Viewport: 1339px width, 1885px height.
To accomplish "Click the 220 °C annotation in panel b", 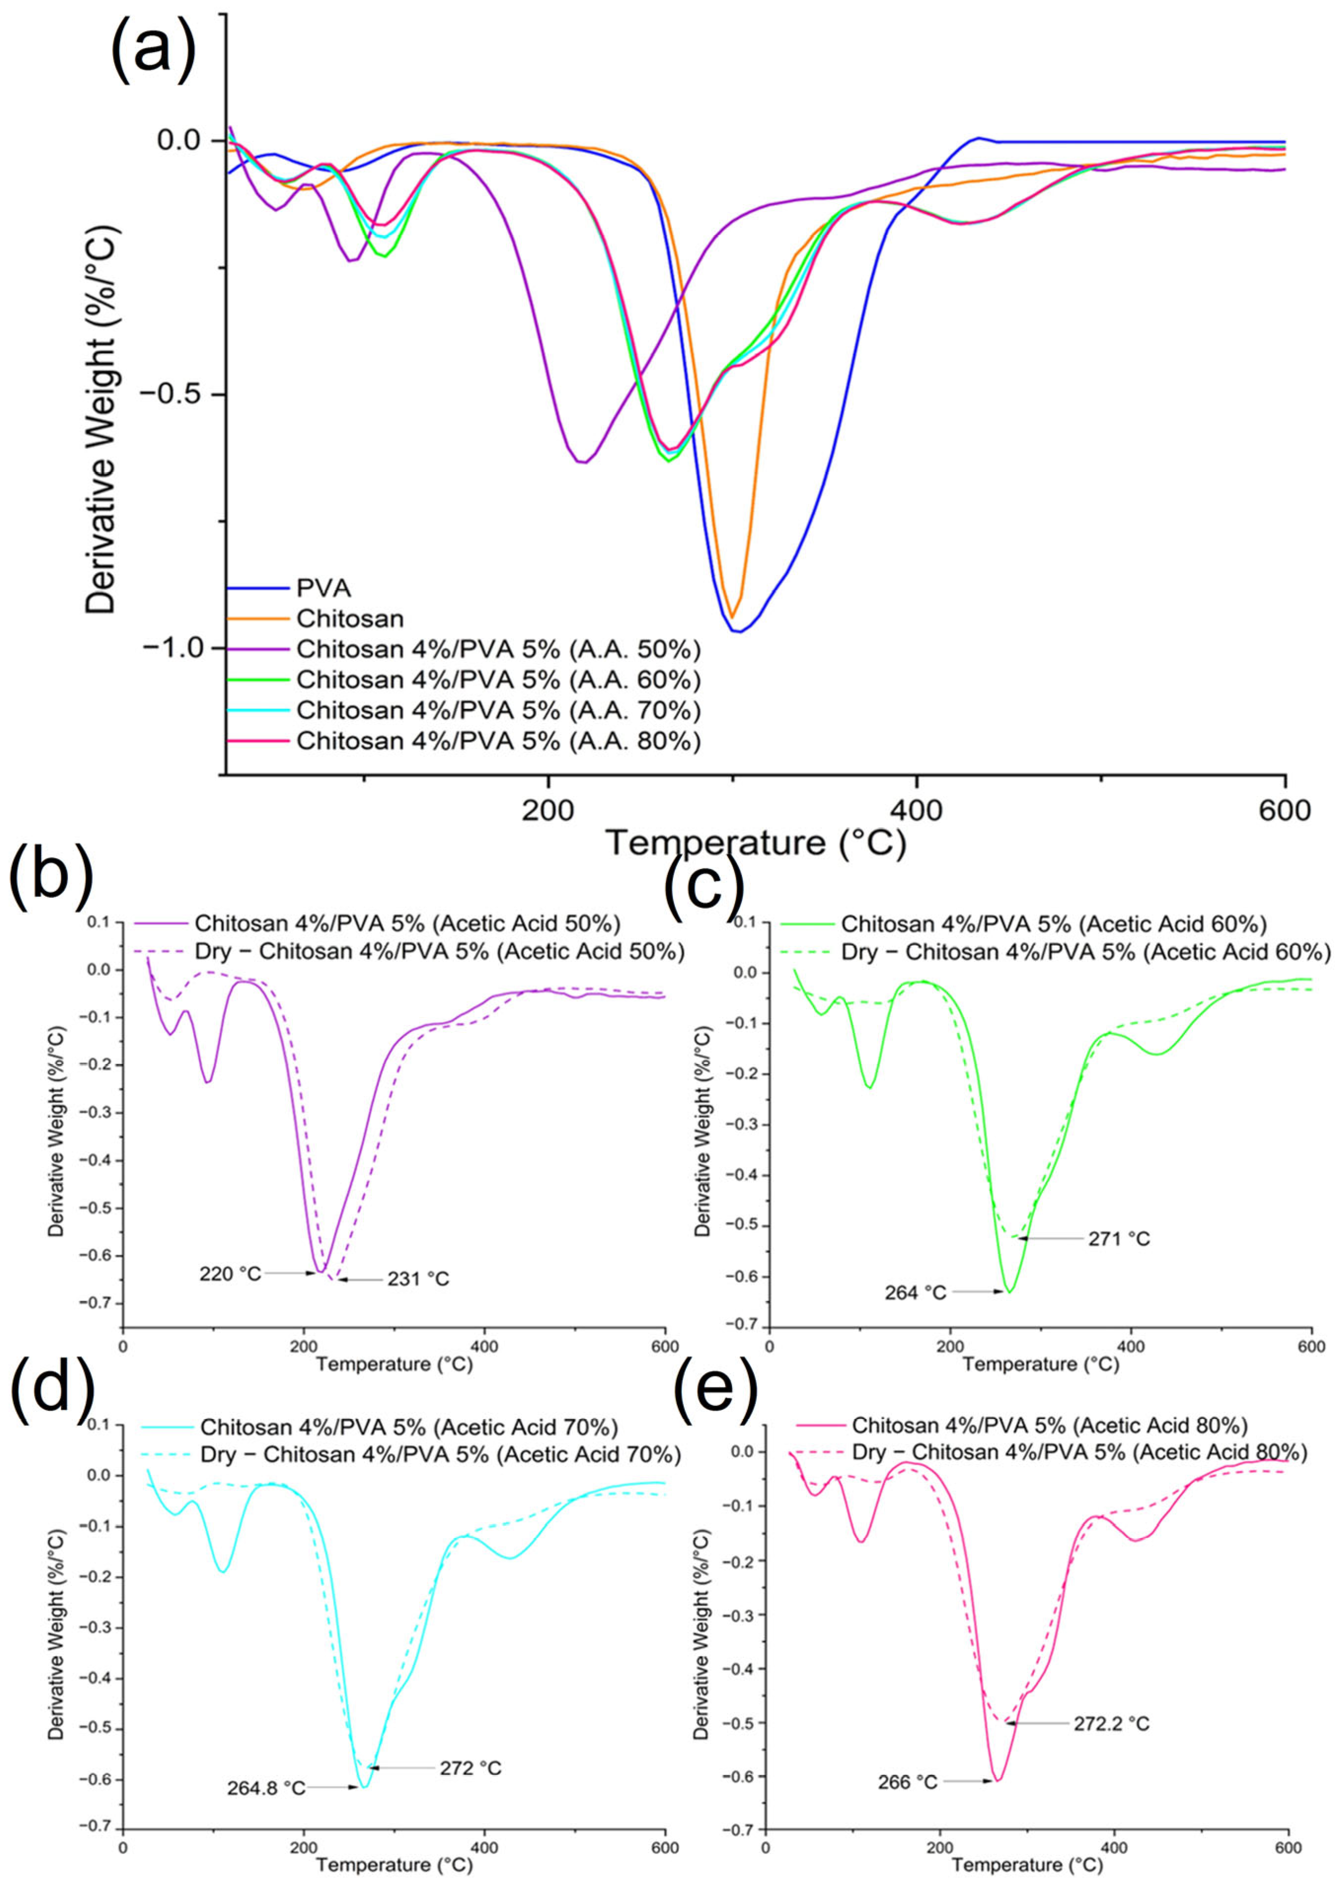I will tap(230, 1273).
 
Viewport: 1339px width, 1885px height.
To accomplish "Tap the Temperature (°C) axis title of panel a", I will tap(755, 843).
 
